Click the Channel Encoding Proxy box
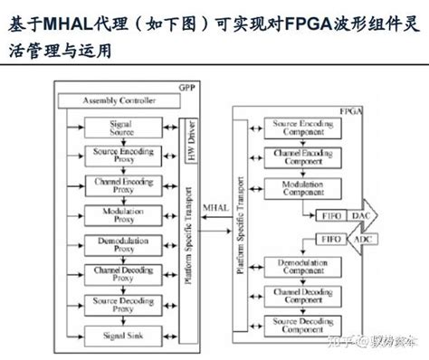pyautogui.click(x=120, y=186)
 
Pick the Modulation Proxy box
pyautogui.click(x=120, y=215)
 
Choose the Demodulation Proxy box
pyautogui.click(x=120, y=245)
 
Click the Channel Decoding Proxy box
pyautogui.click(x=120, y=275)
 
